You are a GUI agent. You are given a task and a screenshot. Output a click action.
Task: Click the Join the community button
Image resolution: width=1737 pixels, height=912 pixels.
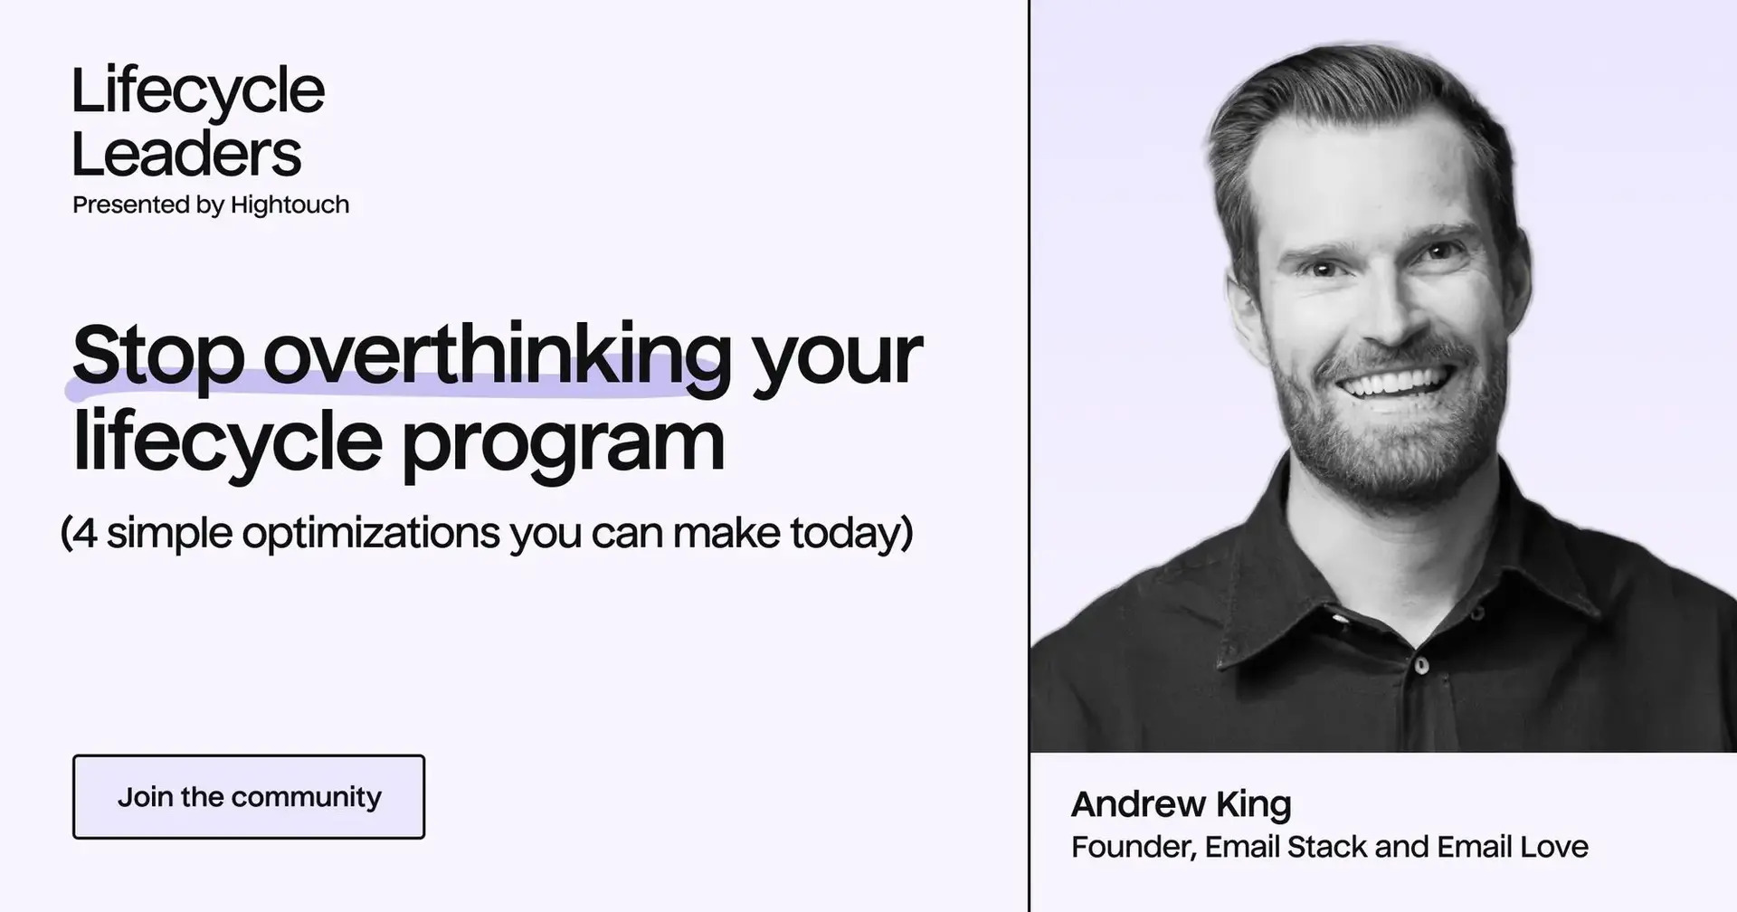coord(249,797)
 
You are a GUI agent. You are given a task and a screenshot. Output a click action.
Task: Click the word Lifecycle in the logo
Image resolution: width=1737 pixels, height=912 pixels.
coord(197,92)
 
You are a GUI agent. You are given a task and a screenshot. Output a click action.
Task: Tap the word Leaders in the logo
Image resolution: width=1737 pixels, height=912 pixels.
coord(185,154)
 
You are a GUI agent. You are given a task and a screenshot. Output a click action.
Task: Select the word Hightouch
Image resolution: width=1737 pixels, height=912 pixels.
coord(289,205)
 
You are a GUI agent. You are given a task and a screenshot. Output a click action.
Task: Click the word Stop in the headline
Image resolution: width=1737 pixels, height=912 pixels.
coord(157,356)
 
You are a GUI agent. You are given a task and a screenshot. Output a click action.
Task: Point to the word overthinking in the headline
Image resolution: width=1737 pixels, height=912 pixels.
coord(497,356)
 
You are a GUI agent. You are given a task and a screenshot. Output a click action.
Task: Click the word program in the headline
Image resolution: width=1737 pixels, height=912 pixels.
coord(563,442)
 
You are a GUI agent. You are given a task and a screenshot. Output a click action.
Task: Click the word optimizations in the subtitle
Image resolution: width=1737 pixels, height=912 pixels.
coord(371,533)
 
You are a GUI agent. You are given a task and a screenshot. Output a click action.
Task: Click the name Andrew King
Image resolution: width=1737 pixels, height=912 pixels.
coord(1181,803)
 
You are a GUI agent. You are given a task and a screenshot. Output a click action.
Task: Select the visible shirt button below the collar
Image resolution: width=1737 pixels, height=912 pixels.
coord(1421,665)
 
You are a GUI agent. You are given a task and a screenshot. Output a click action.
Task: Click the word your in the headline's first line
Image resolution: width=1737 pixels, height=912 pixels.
coord(837,356)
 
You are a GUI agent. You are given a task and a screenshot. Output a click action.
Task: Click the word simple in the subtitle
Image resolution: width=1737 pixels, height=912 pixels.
coord(170,533)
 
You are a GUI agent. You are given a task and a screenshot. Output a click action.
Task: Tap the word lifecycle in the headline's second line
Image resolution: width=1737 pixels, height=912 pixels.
coord(226,442)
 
